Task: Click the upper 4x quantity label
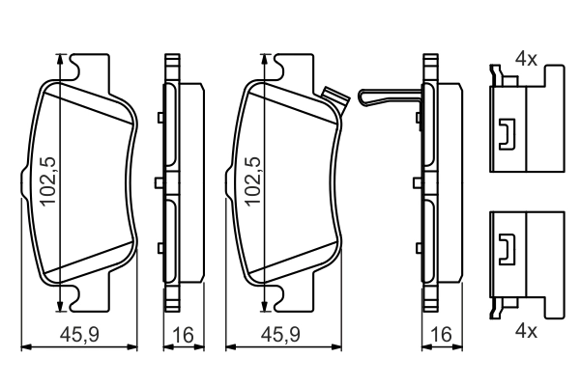(x=526, y=59)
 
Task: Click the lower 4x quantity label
(x=526, y=330)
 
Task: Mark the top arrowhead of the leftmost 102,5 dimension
(x=63, y=61)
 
